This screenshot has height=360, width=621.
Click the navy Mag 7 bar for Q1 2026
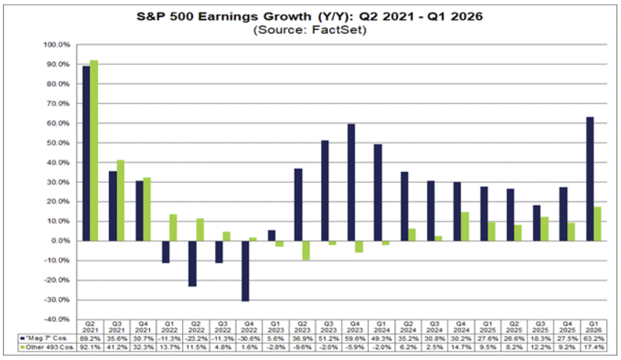click(x=590, y=179)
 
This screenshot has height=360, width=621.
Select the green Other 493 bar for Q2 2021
click(x=94, y=151)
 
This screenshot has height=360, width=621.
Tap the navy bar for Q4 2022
click(x=246, y=271)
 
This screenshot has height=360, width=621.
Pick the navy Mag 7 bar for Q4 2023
click(x=351, y=183)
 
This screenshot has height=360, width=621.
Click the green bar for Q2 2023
click(x=306, y=250)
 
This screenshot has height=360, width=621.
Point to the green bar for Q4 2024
click(x=465, y=227)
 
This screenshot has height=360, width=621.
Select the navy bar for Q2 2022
click(x=192, y=263)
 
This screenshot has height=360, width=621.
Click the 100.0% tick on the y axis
click(x=56, y=45)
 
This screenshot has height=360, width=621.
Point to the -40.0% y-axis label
click(x=56, y=319)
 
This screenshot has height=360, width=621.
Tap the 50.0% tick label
click(x=59, y=143)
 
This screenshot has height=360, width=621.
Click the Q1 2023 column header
click(x=276, y=327)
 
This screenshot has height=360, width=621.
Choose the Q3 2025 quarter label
click(x=541, y=327)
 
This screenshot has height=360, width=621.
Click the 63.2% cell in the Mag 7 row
click(x=593, y=339)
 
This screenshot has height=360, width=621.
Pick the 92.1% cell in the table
click(x=90, y=348)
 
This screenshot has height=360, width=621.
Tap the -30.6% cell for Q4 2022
click(x=249, y=339)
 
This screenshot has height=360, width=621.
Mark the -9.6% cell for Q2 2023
click(x=302, y=348)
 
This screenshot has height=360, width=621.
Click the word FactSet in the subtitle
click(x=338, y=30)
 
